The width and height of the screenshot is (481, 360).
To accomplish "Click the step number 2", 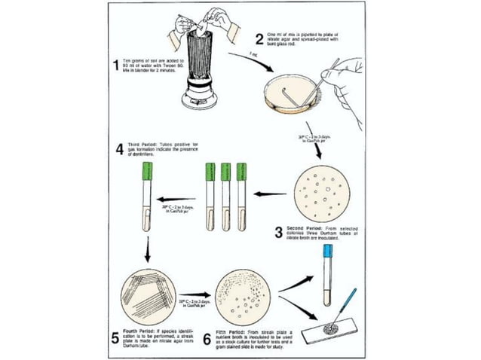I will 258,38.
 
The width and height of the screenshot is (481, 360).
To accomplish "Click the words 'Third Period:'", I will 144,143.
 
